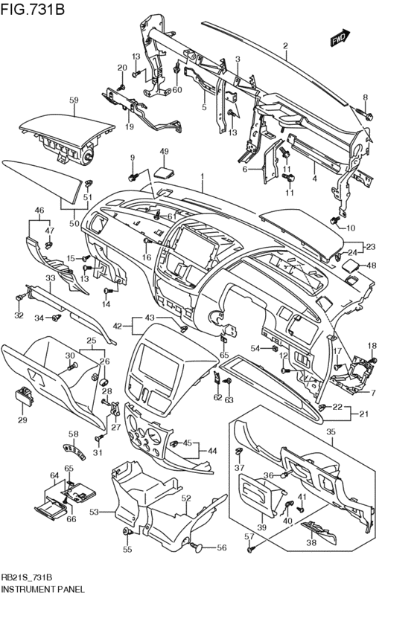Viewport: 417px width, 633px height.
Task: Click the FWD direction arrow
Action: tap(340, 37)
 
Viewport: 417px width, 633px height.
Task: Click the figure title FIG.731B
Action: tap(32, 8)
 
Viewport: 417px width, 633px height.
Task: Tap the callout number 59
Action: tap(74, 100)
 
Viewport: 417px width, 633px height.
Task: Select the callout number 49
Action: tap(164, 152)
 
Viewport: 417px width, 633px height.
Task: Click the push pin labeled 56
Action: tap(198, 547)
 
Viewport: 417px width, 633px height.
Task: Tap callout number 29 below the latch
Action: tap(22, 420)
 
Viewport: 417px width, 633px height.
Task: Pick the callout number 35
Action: tap(331, 431)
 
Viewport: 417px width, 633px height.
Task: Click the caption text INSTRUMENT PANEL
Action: tap(43, 589)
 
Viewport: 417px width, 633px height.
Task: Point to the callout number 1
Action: tap(202, 176)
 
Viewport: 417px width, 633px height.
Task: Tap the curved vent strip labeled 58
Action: tap(75, 452)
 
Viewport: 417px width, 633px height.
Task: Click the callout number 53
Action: tap(94, 512)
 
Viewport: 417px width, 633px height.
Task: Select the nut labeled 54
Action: tap(275, 348)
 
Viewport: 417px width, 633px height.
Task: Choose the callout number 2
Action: tap(285, 45)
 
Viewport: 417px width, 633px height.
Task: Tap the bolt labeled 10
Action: tap(335, 220)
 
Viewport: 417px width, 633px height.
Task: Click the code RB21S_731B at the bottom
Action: tap(27, 577)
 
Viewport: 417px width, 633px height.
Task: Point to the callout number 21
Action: tap(364, 414)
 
